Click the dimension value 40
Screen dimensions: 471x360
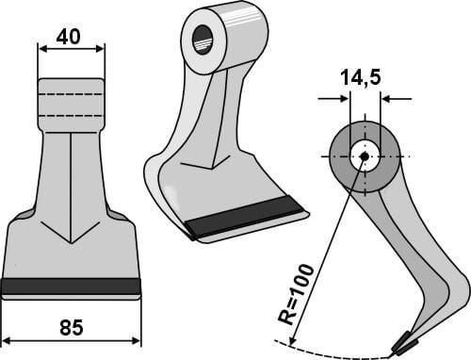point(68,37)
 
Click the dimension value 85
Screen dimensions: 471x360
point(72,327)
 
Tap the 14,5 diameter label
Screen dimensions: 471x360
point(360,77)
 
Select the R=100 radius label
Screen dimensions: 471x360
point(296,294)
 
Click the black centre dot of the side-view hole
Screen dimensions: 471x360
point(365,155)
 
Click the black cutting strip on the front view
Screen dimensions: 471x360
point(71,286)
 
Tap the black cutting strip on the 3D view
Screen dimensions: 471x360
point(244,216)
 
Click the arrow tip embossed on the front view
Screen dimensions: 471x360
point(72,243)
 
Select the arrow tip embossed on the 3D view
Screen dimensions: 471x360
point(213,169)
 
